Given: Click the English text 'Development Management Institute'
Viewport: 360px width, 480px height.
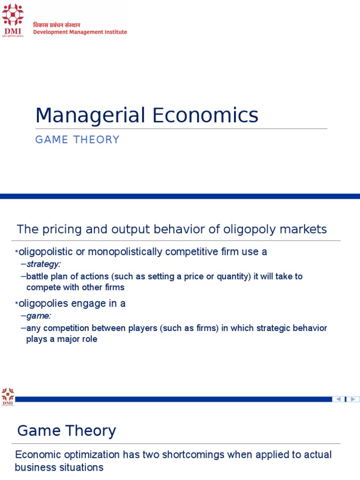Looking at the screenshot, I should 80,32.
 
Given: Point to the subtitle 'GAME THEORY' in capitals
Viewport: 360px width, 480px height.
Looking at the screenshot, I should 77,140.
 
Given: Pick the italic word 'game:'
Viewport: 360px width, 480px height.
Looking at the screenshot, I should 39,316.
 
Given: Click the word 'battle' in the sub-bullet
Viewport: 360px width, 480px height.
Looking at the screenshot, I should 38,276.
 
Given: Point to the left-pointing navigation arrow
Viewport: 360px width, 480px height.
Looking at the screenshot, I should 338,399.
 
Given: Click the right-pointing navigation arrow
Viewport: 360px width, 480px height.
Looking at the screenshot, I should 354,399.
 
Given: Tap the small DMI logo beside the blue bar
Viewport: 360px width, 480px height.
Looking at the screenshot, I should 7,396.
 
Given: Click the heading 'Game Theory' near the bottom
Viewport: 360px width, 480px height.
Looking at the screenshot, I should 67,430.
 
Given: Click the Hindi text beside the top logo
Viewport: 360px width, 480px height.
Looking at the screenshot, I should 56,25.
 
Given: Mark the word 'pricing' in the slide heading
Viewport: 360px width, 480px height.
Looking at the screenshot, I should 58,229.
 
